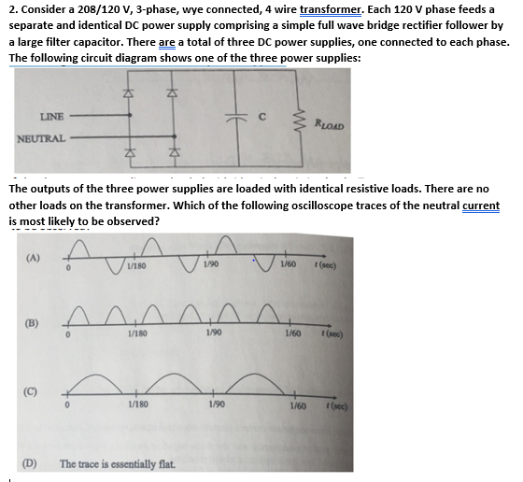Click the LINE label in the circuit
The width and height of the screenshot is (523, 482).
52,117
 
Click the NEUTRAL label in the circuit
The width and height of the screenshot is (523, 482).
40,138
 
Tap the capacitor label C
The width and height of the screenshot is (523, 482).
264,117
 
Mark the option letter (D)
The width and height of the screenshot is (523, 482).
29,462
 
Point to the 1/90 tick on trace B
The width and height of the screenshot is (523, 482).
217,333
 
